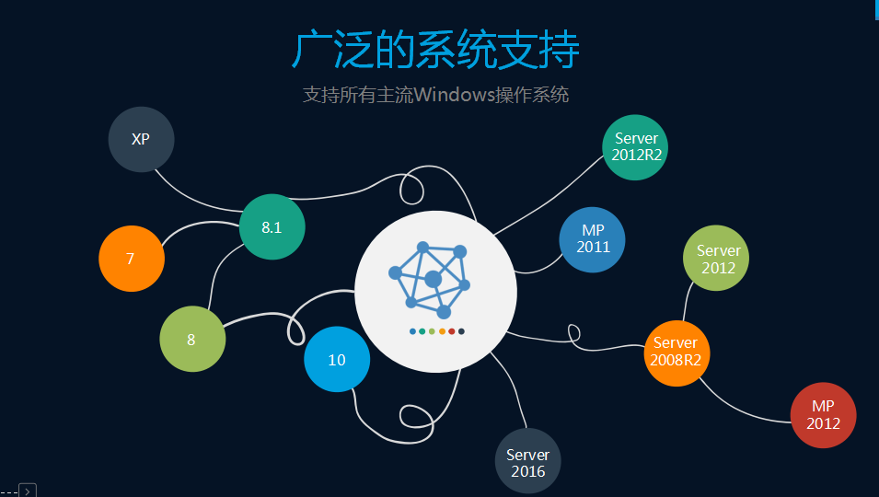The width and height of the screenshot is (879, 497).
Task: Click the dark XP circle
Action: click(141, 140)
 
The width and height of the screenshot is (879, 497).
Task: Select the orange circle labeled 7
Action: click(132, 259)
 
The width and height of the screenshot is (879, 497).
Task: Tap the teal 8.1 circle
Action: click(272, 227)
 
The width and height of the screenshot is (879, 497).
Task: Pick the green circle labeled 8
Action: click(191, 339)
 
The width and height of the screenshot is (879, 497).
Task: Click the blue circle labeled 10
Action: click(337, 359)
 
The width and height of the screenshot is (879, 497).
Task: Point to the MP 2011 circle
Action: click(593, 239)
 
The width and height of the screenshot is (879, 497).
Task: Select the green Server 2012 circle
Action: click(716, 259)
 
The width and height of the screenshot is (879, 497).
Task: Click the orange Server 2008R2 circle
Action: click(677, 353)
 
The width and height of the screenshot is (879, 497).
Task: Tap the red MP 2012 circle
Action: click(823, 415)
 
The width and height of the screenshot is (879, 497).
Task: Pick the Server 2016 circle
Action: click(527, 462)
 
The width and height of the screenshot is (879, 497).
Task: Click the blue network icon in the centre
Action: click(431, 279)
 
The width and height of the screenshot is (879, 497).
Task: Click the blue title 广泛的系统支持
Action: click(435, 50)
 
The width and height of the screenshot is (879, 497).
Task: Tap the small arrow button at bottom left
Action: click(28, 491)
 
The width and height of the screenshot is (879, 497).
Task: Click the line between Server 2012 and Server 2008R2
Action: click(688, 302)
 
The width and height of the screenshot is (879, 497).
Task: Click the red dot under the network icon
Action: click(452, 331)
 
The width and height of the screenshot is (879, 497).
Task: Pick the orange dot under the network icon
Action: click(442, 331)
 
